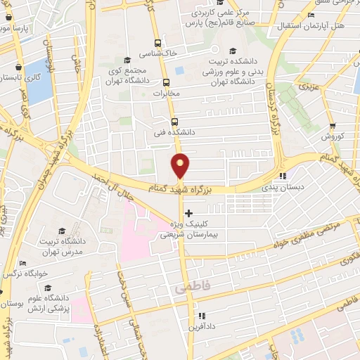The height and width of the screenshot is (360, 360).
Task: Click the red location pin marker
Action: tap(181, 166)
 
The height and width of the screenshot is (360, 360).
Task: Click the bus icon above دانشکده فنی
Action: tap(174, 120)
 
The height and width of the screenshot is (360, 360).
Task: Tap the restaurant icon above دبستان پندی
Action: tap(283, 176)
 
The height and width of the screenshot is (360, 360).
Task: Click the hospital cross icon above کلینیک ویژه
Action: tap(188, 212)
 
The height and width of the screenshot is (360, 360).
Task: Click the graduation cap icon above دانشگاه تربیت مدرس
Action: tap(61, 231)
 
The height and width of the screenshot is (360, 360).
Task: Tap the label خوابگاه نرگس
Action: tap(24, 272)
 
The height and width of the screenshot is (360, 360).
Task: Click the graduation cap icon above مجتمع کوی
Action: tap(127, 60)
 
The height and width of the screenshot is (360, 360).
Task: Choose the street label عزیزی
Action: tap(308, 89)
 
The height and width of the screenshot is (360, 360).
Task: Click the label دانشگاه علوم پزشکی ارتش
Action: tap(42, 302)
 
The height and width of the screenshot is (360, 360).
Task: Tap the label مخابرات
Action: tap(167, 93)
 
